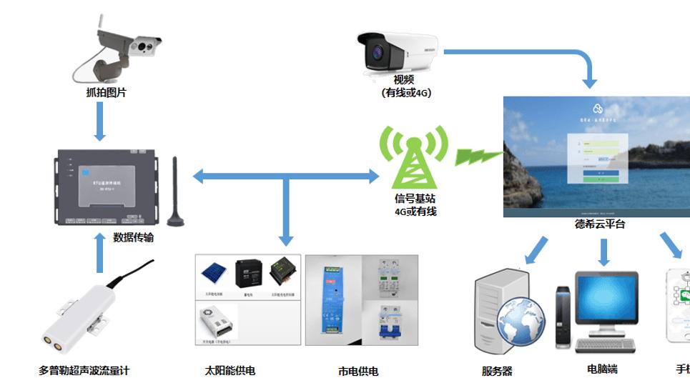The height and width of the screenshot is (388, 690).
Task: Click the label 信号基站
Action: click(415, 198)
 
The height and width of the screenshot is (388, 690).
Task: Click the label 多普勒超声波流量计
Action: click(84, 371)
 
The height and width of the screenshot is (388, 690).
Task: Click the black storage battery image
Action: click(249, 272)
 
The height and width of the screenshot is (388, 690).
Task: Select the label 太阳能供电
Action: click(230, 371)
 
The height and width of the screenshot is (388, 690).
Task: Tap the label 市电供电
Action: click(358, 372)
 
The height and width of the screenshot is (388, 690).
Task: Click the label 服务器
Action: click(497, 372)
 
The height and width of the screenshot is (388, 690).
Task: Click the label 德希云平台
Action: click(599, 224)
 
